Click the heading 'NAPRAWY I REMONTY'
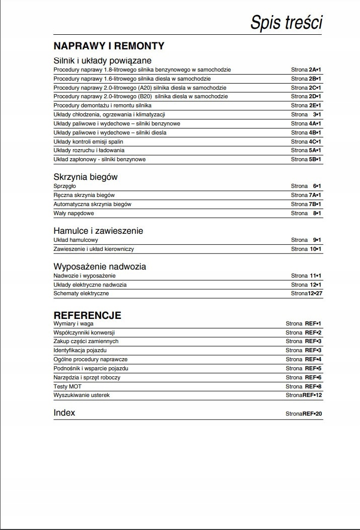point(109,46)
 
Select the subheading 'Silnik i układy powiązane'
point(102,60)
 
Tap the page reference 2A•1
point(315,70)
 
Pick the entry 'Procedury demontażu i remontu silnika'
point(102,106)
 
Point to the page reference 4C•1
point(315,142)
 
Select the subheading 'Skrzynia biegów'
point(86,177)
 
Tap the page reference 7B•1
point(315,205)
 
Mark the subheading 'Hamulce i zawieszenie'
point(98,231)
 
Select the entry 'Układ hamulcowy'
point(76,240)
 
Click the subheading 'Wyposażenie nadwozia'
point(100,267)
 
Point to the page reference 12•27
point(314,294)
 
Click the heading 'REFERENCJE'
point(87,315)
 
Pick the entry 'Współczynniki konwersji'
point(84,333)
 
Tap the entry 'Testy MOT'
point(67,386)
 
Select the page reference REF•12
point(312,395)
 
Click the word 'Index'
point(64,413)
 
